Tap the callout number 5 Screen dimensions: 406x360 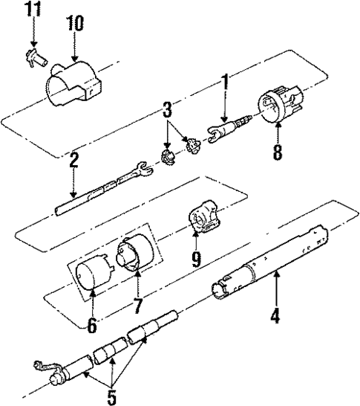(x=111, y=396)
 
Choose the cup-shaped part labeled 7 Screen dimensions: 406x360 (x=137, y=253)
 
